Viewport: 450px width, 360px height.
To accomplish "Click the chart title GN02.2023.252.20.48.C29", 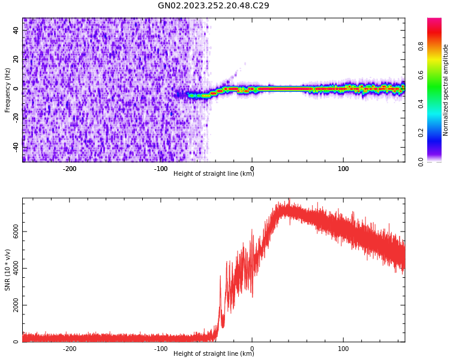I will click(213, 6).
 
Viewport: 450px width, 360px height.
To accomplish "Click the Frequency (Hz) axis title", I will click(8, 90).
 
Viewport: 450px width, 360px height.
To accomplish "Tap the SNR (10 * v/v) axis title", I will click(8, 270).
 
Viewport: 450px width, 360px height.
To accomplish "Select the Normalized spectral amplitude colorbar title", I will click(446, 90).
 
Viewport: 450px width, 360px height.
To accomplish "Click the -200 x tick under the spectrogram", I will click(70, 168).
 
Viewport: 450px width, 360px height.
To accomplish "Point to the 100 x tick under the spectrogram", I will click(343, 168).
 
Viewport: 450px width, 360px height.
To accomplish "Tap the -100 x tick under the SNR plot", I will click(161, 348).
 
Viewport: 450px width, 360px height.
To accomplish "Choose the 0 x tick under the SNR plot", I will click(252, 348).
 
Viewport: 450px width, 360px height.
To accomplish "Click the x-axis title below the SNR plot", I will click(214, 354).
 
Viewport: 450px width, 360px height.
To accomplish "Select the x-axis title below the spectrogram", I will click(214, 174).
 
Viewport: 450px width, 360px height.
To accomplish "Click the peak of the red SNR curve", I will click(289, 200).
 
